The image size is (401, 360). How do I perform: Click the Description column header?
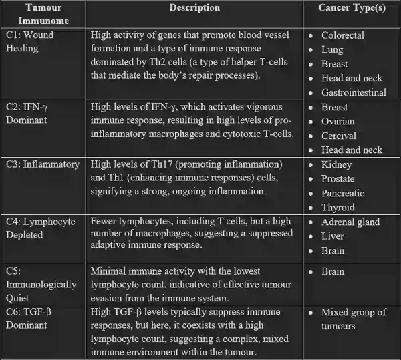[x=194, y=8]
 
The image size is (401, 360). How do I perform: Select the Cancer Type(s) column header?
[x=350, y=8]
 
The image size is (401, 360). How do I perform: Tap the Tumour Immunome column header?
[x=43, y=14]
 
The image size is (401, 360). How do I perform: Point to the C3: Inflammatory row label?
[x=42, y=164]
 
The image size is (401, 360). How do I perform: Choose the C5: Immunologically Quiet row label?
[x=40, y=285]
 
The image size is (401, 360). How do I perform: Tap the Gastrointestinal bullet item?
[x=354, y=92]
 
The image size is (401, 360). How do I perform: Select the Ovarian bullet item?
[x=338, y=122]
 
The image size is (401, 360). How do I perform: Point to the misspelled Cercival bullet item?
[x=339, y=136]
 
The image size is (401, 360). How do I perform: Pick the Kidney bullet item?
[x=336, y=164]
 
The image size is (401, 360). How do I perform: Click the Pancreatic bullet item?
[x=343, y=193]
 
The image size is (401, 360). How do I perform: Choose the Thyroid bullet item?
[x=338, y=208]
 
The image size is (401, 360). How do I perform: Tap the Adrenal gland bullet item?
[x=350, y=222]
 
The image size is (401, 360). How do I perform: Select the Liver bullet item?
[x=333, y=236]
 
